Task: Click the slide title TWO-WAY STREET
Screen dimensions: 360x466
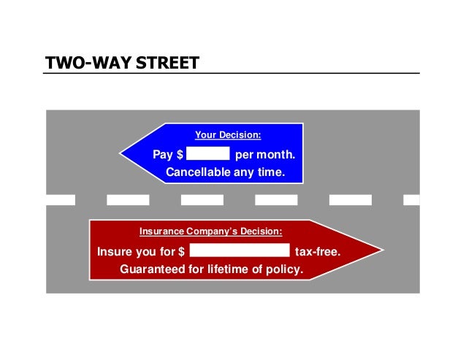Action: point(122,63)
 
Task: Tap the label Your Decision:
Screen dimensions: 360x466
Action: point(228,135)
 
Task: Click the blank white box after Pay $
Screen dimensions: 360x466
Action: point(208,154)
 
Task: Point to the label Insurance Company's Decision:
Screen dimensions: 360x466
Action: point(210,231)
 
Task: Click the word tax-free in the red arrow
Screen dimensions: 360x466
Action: point(317,253)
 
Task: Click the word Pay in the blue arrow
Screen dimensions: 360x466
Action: point(162,155)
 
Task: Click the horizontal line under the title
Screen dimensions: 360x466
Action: point(232,74)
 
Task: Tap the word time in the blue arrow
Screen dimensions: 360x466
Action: point(269,173)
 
